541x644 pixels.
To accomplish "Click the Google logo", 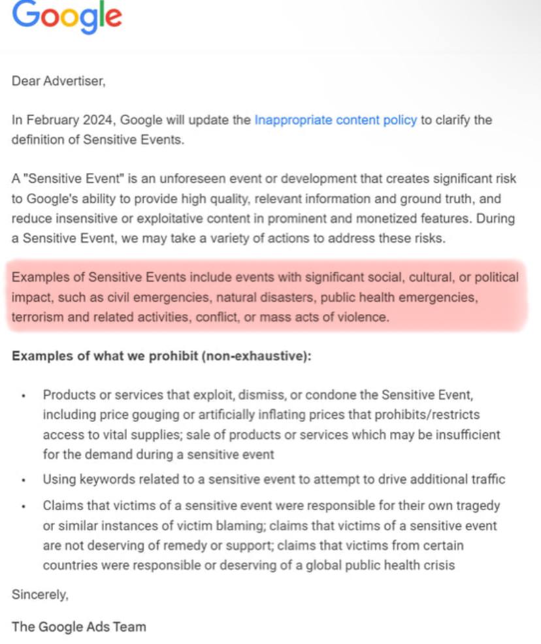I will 67,16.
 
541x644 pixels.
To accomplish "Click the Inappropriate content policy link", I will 335,120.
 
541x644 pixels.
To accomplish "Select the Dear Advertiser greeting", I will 58,82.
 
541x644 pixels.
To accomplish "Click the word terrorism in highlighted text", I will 38,317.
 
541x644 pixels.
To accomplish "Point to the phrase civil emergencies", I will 144,298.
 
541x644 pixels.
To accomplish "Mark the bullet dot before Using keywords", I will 24,481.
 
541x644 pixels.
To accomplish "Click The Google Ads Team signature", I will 79,627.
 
